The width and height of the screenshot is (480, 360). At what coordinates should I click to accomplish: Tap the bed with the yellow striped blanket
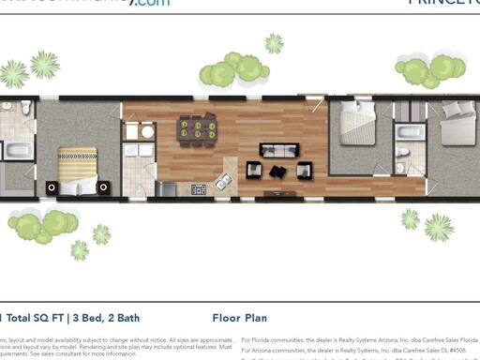78,169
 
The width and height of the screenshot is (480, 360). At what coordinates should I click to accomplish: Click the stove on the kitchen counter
199,188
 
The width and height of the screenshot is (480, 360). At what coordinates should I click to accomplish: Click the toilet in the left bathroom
26,109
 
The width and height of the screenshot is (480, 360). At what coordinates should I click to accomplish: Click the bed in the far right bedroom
459,122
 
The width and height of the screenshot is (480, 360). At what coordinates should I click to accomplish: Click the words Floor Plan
240,318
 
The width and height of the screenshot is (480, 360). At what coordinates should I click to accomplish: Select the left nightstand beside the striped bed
52,187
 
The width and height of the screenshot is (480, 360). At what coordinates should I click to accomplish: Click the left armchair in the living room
253,170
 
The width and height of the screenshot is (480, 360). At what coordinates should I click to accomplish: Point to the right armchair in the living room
303,170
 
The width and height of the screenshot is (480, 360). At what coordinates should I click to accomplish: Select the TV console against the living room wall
277,194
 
